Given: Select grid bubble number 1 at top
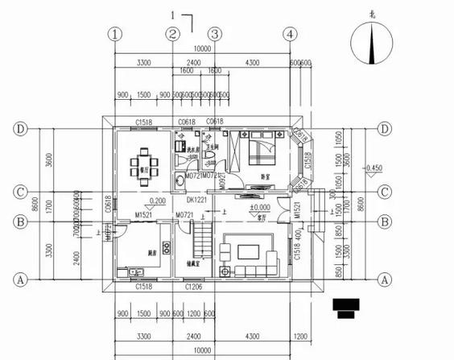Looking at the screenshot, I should click(117, 35).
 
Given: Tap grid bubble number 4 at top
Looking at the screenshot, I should click(289, 35).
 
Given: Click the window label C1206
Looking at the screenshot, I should click(193, 286).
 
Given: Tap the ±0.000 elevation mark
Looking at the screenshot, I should click(259, 208).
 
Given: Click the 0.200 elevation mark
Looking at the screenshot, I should click(157, 201).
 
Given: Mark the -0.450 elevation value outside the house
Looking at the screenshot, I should click(373, 168).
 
